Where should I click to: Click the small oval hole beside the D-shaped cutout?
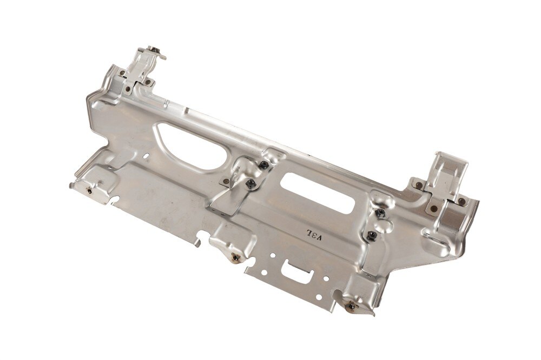click(148, 156)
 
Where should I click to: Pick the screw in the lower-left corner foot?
click(90, 190)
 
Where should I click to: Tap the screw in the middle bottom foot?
click(236, 257)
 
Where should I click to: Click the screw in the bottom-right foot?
click(352, 306)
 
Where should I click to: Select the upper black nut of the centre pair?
click(263, 164)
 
